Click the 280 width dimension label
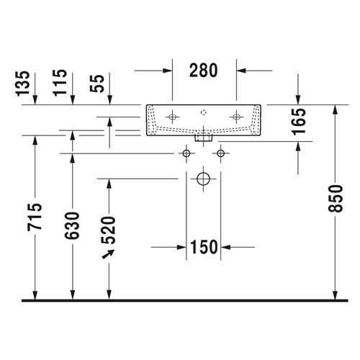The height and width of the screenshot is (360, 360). (x=204, y=70)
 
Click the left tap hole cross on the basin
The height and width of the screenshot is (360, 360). (x=173, y=116)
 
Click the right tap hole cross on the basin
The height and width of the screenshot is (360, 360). (x=236, y=116)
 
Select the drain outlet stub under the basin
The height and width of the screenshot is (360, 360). (x=204, y=135)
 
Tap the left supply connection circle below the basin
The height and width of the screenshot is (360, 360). (x=186, y=153)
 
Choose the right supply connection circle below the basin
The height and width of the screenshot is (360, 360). (x=220, y=153)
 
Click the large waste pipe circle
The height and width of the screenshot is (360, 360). (x=204, y=178)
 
